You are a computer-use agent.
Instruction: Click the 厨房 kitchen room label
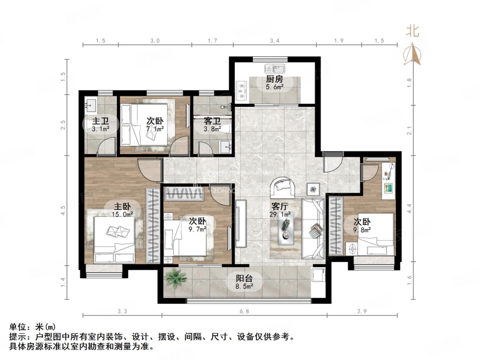(275, 79)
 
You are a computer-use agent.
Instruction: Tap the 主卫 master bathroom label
(100, 121)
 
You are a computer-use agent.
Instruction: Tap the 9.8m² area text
(362, 230)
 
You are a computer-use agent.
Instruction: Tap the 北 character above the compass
(412, 31)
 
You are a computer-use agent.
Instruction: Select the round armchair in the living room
(284, 187)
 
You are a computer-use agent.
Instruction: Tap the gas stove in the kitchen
(242, 90)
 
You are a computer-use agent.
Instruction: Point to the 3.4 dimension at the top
(275, 41)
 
